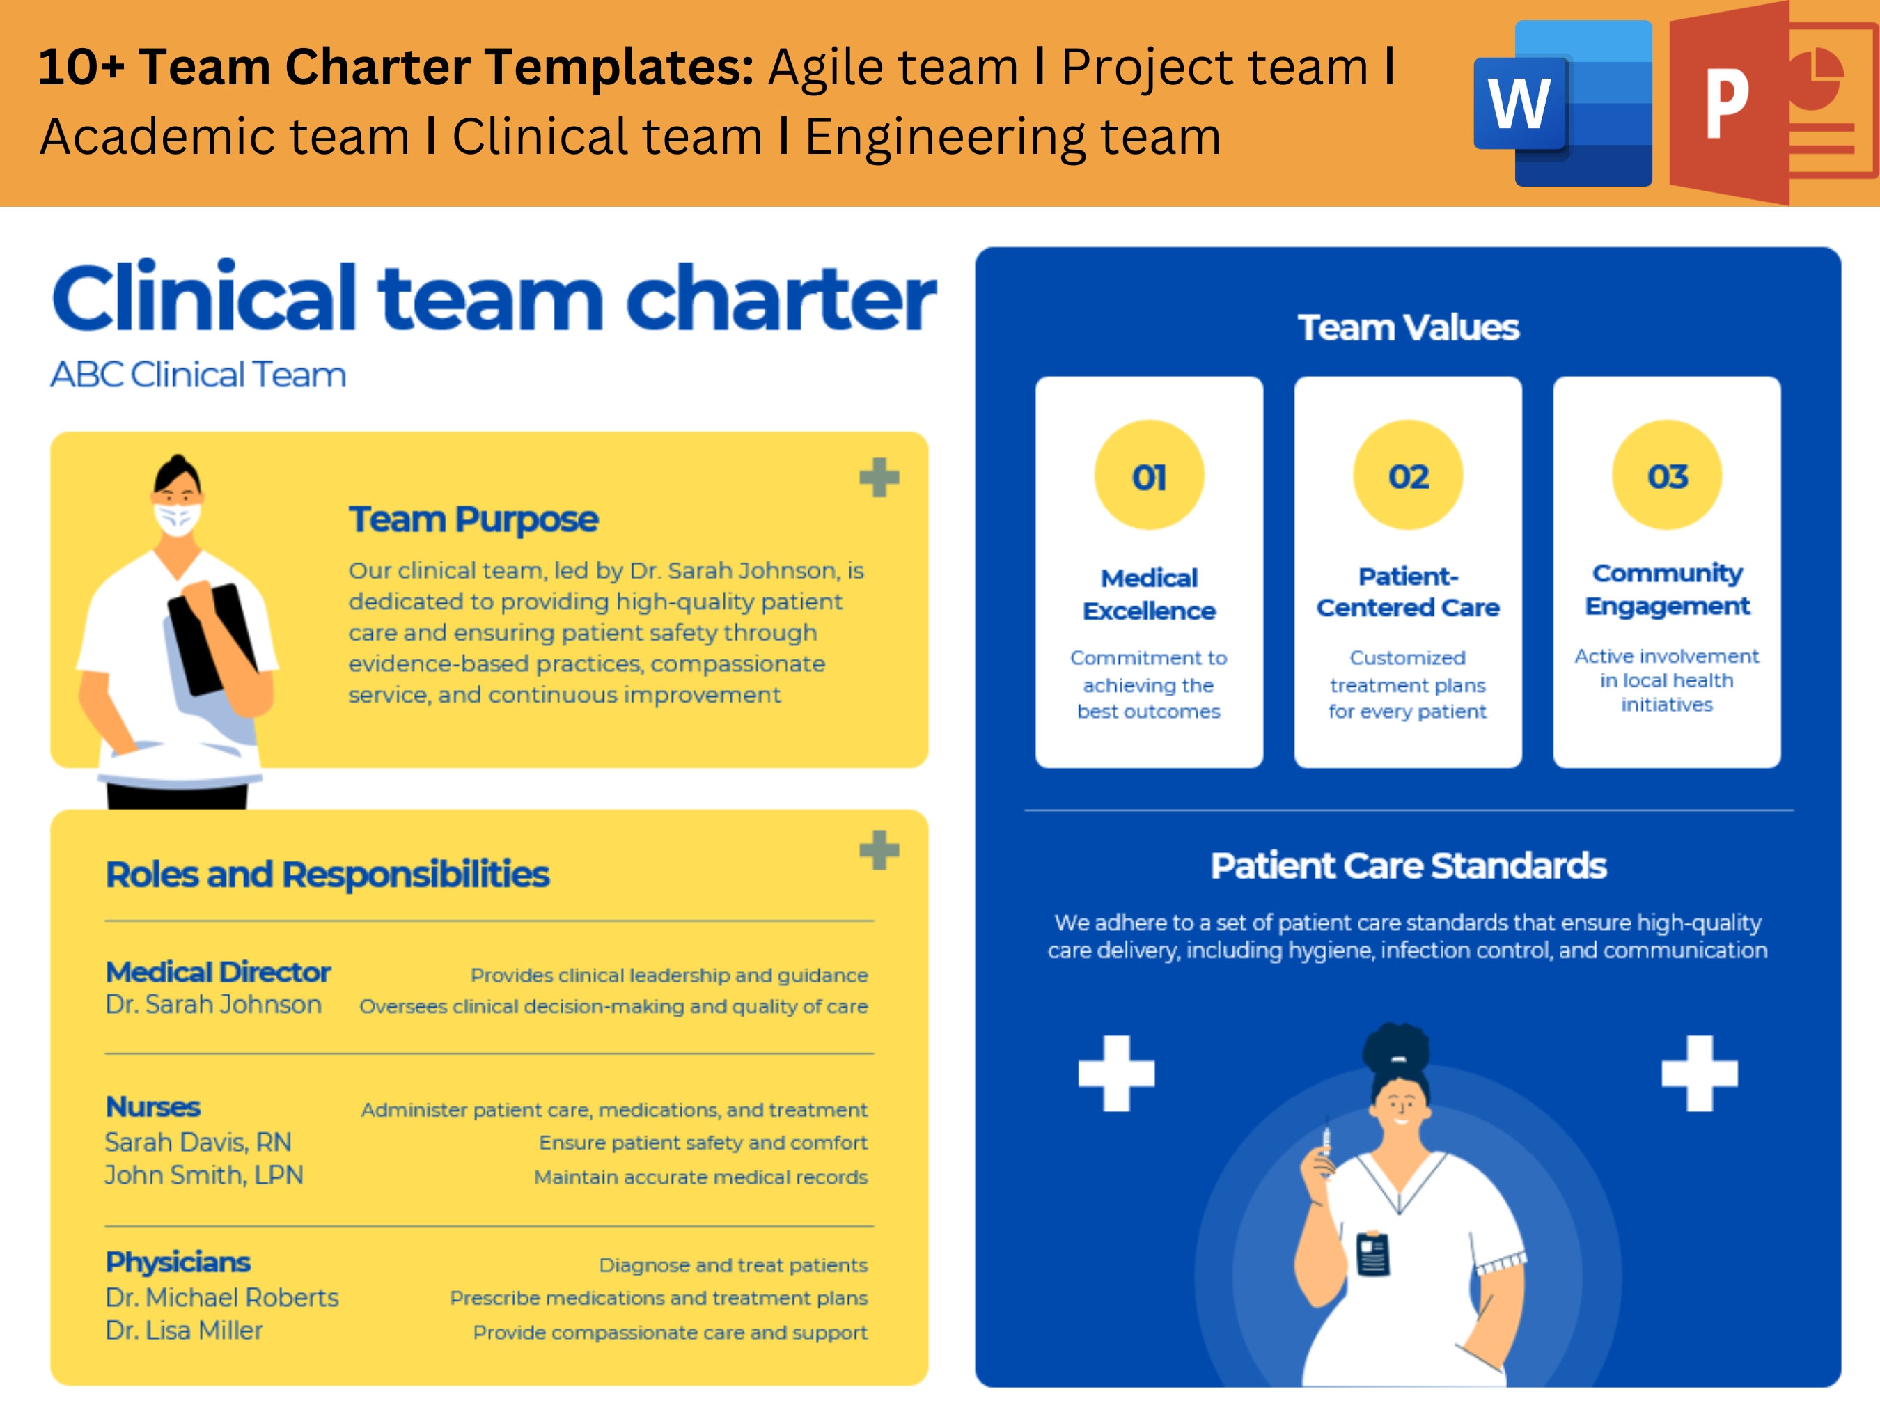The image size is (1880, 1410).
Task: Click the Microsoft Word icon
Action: [x=1562, y=104]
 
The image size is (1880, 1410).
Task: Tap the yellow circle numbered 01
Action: [x=1148, y=475]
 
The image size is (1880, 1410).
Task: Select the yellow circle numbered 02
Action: [x=1407, y=475]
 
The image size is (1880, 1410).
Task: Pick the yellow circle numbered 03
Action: [x=1667, y=475]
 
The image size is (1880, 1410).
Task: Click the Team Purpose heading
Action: [x=473, y=519]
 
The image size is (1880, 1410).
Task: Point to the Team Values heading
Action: [x=1407, y=327]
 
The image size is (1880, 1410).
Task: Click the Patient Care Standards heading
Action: [x=1407, y=865]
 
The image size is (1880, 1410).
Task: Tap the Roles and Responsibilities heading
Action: [x=327, y=874]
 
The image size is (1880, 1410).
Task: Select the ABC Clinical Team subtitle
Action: [x=198, y=374]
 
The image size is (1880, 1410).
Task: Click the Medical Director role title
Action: [x=217, y=971]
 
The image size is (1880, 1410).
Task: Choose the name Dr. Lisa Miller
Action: [x=184, y=1330]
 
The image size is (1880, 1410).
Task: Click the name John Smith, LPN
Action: [x=204, y=1175]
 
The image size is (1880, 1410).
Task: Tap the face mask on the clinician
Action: [x=177, y=517]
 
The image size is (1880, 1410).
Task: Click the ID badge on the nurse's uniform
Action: [x=1372, y=1253]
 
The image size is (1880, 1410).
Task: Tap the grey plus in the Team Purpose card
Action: [x=879, y=477]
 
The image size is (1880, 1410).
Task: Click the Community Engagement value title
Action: [x=1667, y=589]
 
